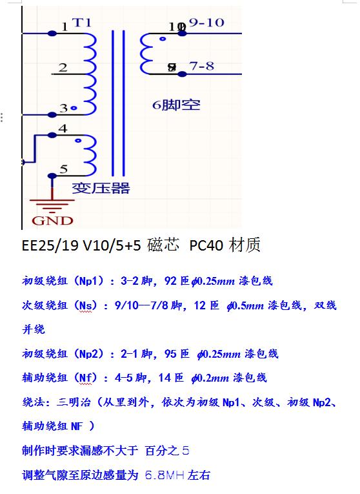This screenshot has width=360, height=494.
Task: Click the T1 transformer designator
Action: tap(81, 23)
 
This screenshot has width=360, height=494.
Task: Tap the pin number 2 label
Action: tap(63, 67)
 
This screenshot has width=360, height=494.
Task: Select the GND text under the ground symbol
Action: tap(52, 221)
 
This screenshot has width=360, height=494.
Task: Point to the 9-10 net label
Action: tap(206, 23)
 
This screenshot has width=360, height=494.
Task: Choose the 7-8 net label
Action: tap(201, 66)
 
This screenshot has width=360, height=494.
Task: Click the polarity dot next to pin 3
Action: tap(74, 108)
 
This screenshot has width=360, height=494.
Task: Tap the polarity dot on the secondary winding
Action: tap(163, 39)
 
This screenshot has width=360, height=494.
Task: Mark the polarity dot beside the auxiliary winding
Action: tap(78, 141)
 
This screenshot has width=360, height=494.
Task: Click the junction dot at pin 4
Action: tap(52, 136)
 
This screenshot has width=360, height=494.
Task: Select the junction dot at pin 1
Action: tap(52, 34)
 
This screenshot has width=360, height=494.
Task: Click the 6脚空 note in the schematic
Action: tap(176, 105)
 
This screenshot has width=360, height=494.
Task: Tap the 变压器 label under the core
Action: tap(101, 189)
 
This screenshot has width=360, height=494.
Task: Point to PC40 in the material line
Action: tap(206, 245)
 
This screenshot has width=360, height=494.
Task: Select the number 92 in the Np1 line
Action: tap(170, 281)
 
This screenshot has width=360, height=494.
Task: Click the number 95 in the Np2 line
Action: tap(170, 354)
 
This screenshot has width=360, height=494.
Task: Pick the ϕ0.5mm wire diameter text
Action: tap(245, 305)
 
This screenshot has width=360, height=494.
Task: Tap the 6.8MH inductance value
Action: tap(165, 475)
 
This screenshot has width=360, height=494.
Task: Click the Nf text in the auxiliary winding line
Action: tap(86, 377)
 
